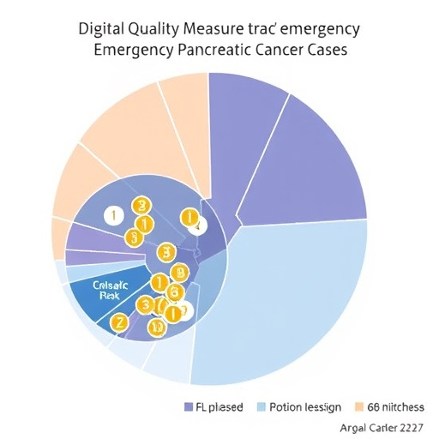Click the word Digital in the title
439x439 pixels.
[101, 28]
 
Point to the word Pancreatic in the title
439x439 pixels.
[204, 51]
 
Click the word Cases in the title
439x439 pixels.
[322, 51]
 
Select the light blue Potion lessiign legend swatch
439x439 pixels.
[262, 406]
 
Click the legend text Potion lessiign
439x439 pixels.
[305, 406]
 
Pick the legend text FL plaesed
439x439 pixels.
[219, 406]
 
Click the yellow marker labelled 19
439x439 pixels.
[156, 328]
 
